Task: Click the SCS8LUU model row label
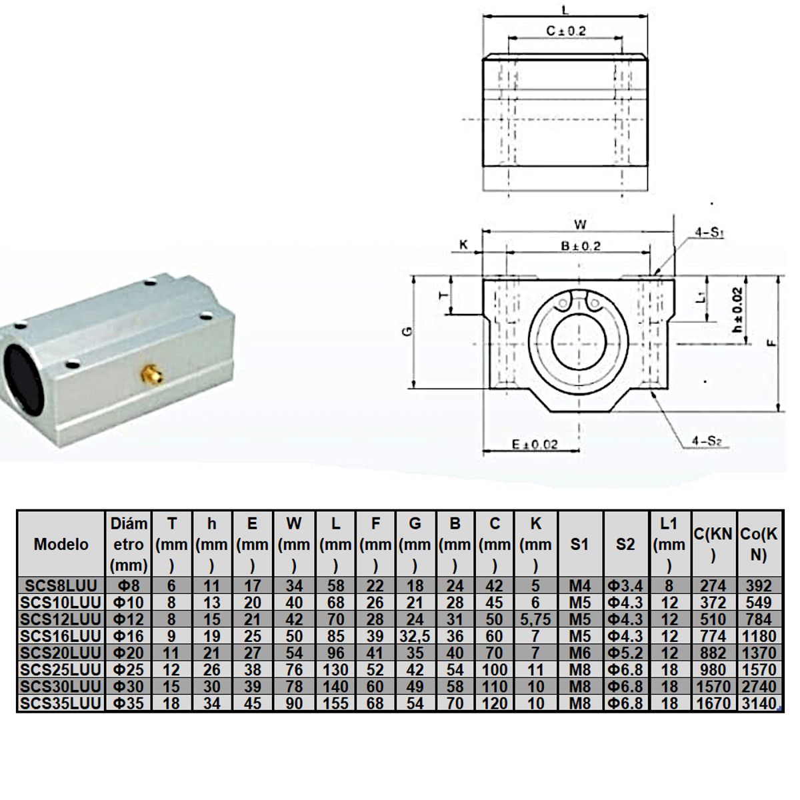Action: click(x=61, y=585)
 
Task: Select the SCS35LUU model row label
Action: click(x=61, y=703)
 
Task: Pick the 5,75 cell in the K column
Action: click(x=536, y=619)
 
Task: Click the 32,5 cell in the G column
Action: click(x=415, y=636)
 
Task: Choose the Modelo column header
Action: click(x=61, y=544)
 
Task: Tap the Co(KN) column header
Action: click(x=759, y=544)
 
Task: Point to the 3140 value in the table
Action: click(x=759, y=703)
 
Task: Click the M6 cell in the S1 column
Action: click(x=580, y=653)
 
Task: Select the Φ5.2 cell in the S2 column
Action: click(x=625, y=653)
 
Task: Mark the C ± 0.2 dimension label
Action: click(x=566, y=31)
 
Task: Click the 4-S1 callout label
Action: click(x=709, y=233)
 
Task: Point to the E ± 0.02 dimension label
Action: click(x=535, y=444)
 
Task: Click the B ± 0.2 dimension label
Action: click(x=580, y=246)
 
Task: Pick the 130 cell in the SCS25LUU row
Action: click(x=335, y=669)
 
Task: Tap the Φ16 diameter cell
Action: click(x=129, y=636)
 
